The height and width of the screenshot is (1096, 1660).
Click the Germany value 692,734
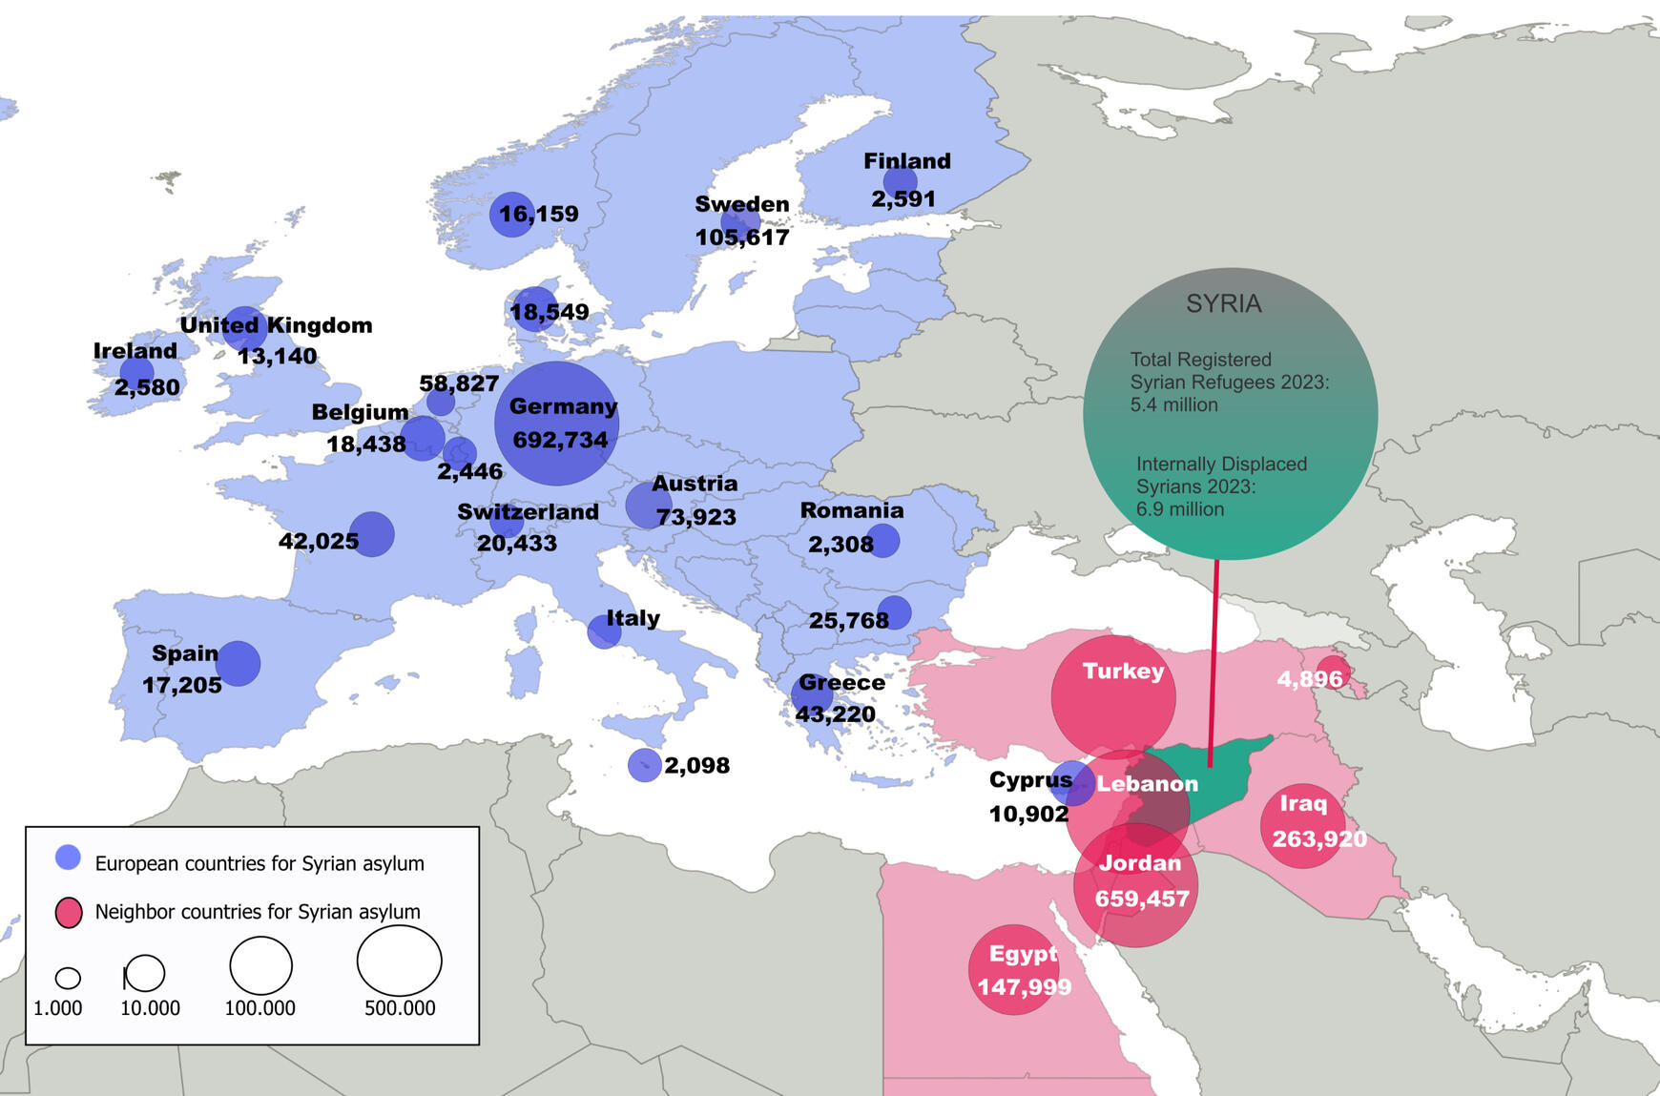(x=560, y=440)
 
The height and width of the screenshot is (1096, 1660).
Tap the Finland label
(x=907, y=161)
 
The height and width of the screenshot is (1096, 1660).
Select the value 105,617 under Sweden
(x=742, y=237)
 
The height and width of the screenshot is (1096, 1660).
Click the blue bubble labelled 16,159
(x=512, y=214)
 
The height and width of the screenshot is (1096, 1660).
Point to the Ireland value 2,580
(x=147, y=387)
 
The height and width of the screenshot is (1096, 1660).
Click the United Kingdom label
(x=276, y=325)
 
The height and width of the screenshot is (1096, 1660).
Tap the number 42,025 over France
(x=319, y=541)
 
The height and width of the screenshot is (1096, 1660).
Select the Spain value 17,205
(x=182, y=685)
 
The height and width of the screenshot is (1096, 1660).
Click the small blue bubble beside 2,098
(x=644, y=765)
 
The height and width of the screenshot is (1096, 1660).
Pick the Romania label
(x=852, y=510)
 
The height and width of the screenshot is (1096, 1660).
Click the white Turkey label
(x=1123, y=671)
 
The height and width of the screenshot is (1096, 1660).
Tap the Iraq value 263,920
(x=1319, y=838)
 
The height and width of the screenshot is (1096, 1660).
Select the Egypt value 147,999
(x=1024, y=986)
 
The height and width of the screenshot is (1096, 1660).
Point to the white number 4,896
(x=1309, y=679)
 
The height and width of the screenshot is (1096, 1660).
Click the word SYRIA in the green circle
(x=1223, y=303)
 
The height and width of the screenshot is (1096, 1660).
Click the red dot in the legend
(x=69, y=913)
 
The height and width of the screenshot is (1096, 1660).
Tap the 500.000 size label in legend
(x=400, y=1008)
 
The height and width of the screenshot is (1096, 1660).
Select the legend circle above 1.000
(x=68, y=978)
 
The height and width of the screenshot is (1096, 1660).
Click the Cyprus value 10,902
(x=1028, y=814)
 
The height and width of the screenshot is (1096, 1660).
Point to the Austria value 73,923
(x=695, y=517)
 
